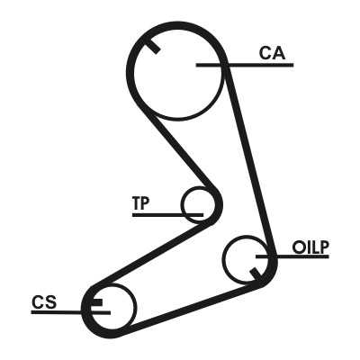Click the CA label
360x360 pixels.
[x=272, y=53]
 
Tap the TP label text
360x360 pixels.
[x=140, y=203]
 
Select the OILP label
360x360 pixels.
[x=310, y=247]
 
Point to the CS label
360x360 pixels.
[x=44, y=302]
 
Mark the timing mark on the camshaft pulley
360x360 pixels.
[x=153, y=46]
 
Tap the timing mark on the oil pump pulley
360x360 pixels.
[x=256, y=274]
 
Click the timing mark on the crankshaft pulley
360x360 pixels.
[x=97, y=302]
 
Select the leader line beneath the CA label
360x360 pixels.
[x=245, y=65]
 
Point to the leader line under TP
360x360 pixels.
[x=167, y=215]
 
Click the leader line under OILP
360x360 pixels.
[x=292, y=256]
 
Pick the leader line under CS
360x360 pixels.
[x=71, y=312]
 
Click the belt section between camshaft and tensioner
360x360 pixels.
[x=183, y=153]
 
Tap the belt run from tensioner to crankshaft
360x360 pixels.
[x=153, y=255]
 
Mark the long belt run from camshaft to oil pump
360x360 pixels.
[x=249, y=159]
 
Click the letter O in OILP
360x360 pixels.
[x=299, y=247]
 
